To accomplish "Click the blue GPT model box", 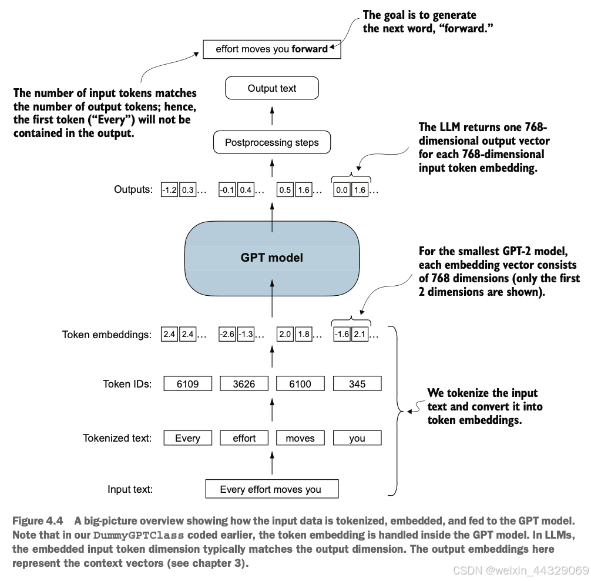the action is point(272,258).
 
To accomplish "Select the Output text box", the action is point(272,88).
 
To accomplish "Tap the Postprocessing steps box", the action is point(272,142).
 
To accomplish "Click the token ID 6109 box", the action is point(188,383).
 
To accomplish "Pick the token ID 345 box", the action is point(357,383).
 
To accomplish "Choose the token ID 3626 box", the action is point(244,383).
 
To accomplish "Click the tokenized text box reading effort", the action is point(244,438).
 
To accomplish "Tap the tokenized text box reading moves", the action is point(300,438).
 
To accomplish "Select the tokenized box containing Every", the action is point(188,438).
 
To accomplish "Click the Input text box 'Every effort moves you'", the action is point(272,489).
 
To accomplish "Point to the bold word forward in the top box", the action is point(310,49).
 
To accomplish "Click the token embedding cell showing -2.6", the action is point(227,334).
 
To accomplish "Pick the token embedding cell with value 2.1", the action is point(360,334).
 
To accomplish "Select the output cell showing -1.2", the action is point(169,190).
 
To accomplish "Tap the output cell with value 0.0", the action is point(342,190).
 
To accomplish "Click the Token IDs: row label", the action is point(127,384).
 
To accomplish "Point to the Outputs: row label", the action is point(133,189).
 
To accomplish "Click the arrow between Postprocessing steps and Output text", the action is point(272,116).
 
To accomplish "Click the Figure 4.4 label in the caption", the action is point(38,521).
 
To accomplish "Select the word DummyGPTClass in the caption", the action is point(138,535).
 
